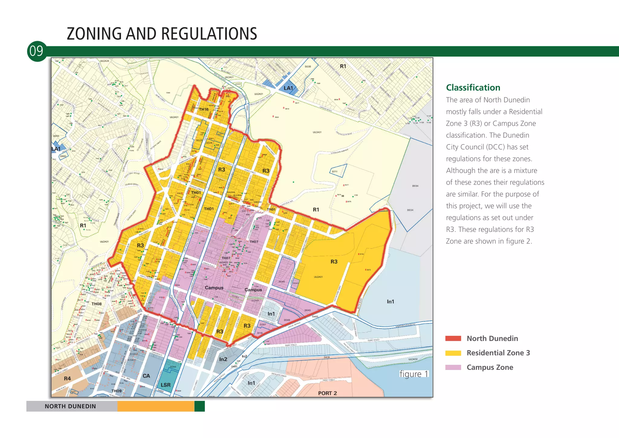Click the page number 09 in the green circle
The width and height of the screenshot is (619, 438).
(37, 51)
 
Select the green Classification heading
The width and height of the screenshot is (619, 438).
(473, 88)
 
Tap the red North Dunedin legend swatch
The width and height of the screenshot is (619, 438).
(453, 338)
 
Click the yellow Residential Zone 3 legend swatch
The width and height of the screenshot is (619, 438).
(453, 353)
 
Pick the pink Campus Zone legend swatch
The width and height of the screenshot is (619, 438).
(453, 368)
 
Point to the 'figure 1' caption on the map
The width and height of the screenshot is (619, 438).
(414, 374)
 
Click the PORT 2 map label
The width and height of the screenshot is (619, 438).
(327, 393)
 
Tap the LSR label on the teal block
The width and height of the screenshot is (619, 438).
(166, 385)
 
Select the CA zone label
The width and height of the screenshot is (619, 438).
(146, 376)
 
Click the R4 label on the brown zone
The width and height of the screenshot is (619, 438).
(67, 378)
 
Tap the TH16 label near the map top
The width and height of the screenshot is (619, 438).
(204, 109)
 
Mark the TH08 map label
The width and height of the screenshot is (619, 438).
(97, 304)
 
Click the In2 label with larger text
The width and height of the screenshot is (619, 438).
(223, 359)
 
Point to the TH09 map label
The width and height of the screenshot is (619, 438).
(116, 391)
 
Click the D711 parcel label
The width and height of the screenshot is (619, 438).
(335, 172)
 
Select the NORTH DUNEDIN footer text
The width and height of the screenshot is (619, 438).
(70, 406)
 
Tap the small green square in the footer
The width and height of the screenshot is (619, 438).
(199, 406)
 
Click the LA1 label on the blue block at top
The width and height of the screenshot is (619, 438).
(288, 88)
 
